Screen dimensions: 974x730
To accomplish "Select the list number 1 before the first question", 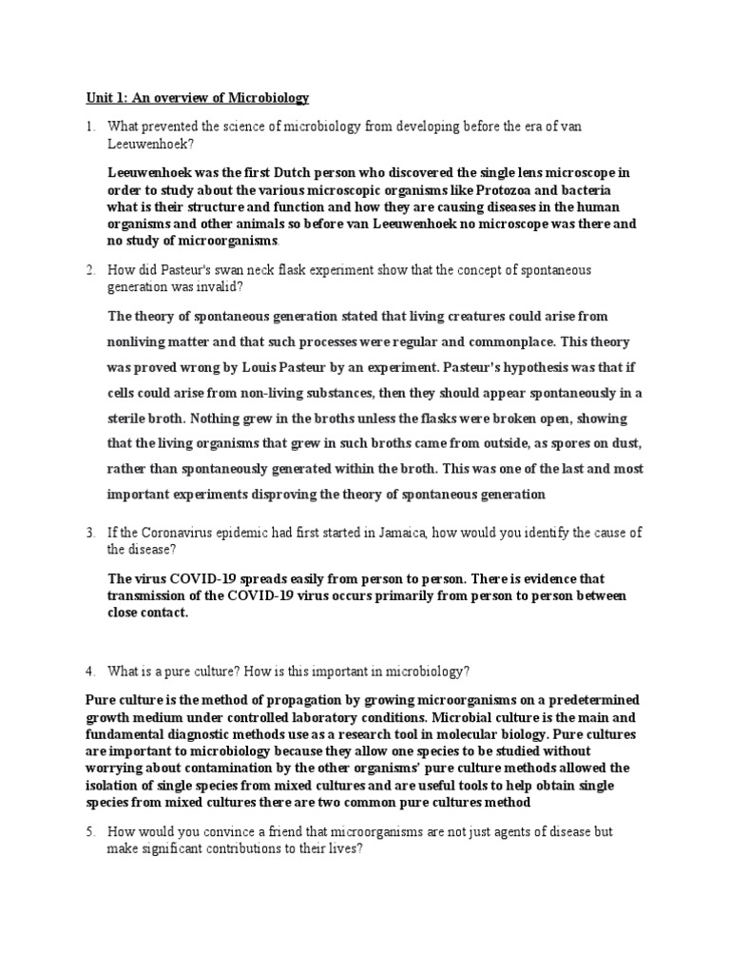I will point(88,126).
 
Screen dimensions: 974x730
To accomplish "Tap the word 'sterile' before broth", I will point(129,418).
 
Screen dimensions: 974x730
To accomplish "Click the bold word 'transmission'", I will point(149,595).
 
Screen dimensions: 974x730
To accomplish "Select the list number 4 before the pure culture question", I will point(88,672).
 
